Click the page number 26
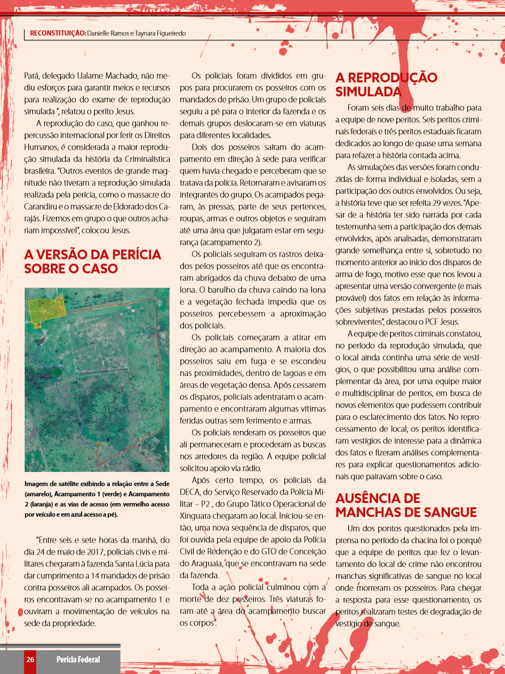tap(30, 659)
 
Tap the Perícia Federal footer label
tap(78, 659)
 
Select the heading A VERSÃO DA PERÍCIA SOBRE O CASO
tap(92, 261)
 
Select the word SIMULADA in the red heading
tap(368, 92)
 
